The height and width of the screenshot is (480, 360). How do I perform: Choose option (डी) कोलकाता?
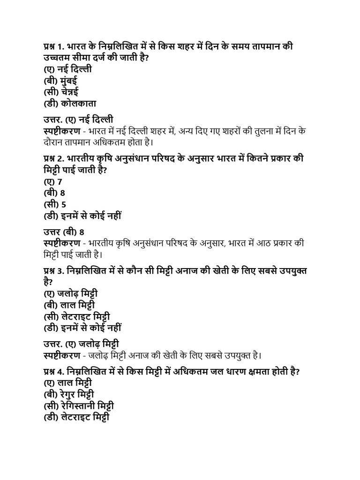(x=70, y=103)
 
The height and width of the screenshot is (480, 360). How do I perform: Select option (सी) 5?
(x=54, y=204)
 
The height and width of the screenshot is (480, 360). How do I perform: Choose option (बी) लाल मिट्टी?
(x=69, y=305)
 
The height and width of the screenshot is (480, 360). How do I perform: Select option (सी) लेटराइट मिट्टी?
(x=77, y=316)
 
